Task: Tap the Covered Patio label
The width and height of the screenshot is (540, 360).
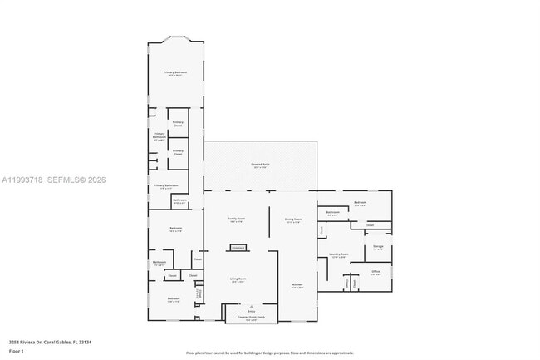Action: click(x=260, y=165)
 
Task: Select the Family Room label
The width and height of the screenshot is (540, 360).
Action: click(x=236, y=219)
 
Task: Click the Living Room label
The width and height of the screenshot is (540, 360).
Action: click(x=238, y=280)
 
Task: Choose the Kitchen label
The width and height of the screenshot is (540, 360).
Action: click(x=297, y=286)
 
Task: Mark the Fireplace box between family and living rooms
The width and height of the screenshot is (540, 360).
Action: click(x=238, y=247)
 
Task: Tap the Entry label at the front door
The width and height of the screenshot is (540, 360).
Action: click(x=252, y=311)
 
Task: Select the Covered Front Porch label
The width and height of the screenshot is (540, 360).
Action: click(x=252, y=318)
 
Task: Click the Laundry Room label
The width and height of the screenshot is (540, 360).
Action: click(x=338, y=255)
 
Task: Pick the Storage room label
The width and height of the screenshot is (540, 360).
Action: click(x=378, y=247)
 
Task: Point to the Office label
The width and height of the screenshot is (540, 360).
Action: click(x=376, y=272)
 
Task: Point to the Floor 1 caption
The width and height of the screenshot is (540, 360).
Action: click(x=17, y=351)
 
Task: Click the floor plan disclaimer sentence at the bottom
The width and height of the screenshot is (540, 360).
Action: click(x=269, y=353)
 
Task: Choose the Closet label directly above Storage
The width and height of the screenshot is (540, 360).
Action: click(x=370, y=225)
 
